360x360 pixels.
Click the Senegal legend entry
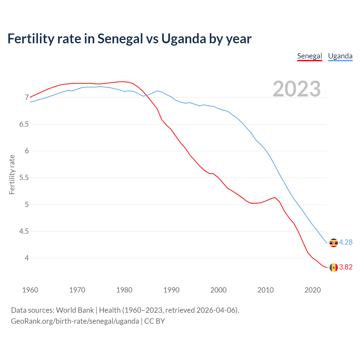click(309, 56)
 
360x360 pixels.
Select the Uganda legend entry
click(340, 56)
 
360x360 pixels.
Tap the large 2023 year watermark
click(296, 89)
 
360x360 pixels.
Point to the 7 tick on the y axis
click(27, 98)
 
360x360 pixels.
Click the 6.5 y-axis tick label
click(24, 124)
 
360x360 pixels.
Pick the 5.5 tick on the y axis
click(24, 178)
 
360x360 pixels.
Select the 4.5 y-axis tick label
click(24, 231)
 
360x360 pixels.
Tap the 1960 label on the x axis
click(30, 290)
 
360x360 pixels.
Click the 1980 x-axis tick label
click(124, 290)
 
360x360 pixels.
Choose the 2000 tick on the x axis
click(218, 290)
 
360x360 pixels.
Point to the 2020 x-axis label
click(312, 290)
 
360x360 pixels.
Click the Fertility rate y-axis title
click(12, 174)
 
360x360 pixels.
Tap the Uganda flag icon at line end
click(334, 243)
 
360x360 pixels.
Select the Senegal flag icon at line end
click(334, 267)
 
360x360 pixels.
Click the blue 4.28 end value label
click(346, 242)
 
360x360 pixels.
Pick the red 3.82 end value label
click(346, 267)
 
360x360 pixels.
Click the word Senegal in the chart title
click(120, 39)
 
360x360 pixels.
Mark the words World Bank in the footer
click(75, 310)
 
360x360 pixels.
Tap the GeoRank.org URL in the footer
click(75, 321)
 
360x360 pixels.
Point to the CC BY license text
click(154, 321)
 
